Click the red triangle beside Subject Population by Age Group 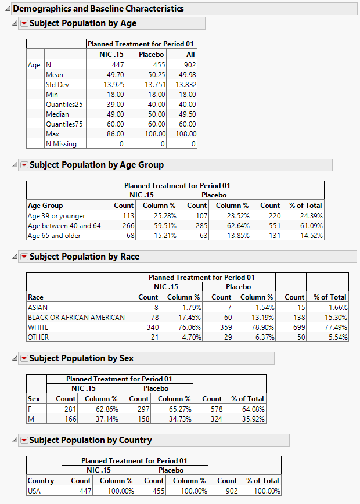click(x=24, y=165)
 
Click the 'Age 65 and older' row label click(x=54, y=236)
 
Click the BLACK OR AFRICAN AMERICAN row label click(x=76, y=318)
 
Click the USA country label click(x=35, y=491)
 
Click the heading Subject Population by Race click(x=84, y=257)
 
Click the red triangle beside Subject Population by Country click(x=24, y=440)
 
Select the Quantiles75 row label click(x=65, y=124)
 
